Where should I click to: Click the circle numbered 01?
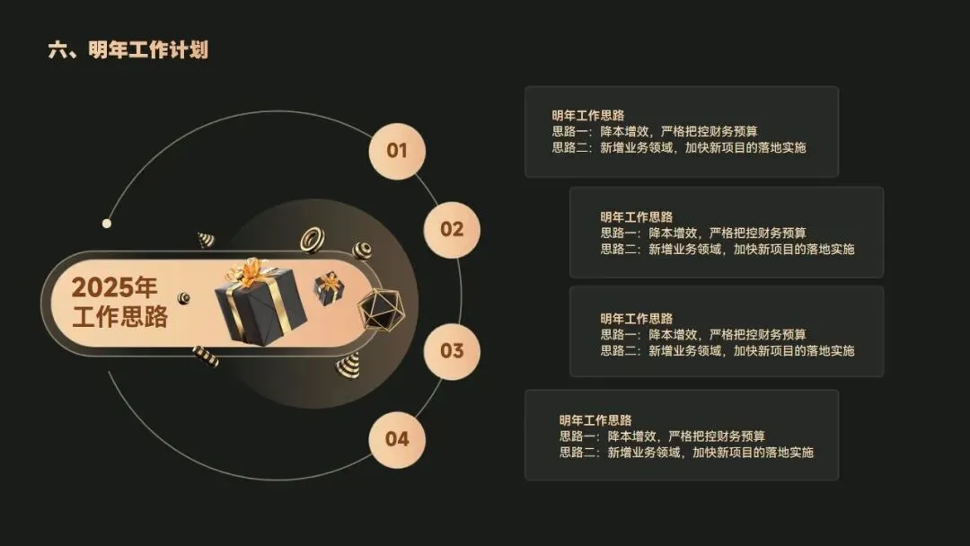tap(397, 151)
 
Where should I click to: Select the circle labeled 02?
tap(452, 229)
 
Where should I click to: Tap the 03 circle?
tap(452, 350)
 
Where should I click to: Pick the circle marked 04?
tap(397, 439)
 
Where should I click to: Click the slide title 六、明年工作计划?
tap(128, 50)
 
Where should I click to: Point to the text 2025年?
tap(114, 287)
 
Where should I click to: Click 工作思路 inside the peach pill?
tap(119, 317)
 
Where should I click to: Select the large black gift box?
tap(260, 305)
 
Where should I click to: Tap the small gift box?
tap(329, 287)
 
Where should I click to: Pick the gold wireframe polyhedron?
tap(381, 310)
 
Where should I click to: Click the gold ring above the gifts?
tap(312, 239)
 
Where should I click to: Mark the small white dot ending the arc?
tap(107, 223)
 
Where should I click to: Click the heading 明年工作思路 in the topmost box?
tap(588, 115)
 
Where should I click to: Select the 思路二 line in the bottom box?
tap(685, 453)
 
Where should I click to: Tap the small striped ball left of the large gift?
tap(184, 298)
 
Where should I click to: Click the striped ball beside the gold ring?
tap(362, 251)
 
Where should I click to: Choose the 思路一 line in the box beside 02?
tap(703, 233)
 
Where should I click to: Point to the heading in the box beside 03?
tap(637, 318)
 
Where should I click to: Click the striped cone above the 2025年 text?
tap(207, 240)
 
